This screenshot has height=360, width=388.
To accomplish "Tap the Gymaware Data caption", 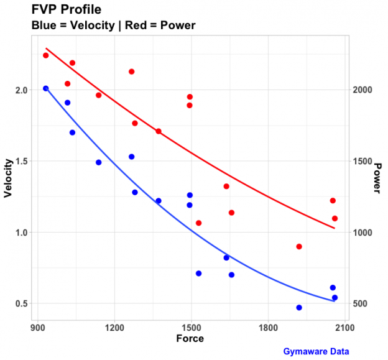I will [316, 351].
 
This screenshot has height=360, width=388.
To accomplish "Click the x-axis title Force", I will [190, 339].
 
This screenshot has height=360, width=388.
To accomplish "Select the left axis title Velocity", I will [9, 178].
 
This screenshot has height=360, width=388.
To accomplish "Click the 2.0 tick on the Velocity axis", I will [22, 90].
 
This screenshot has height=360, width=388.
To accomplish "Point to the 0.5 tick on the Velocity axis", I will [22, 303].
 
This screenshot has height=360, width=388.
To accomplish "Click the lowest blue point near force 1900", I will [299, 307].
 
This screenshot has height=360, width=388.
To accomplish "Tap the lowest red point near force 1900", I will [299, 246].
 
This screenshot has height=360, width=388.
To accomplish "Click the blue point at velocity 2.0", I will [45, 88].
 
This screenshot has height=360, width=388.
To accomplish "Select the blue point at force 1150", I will [99, 162].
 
